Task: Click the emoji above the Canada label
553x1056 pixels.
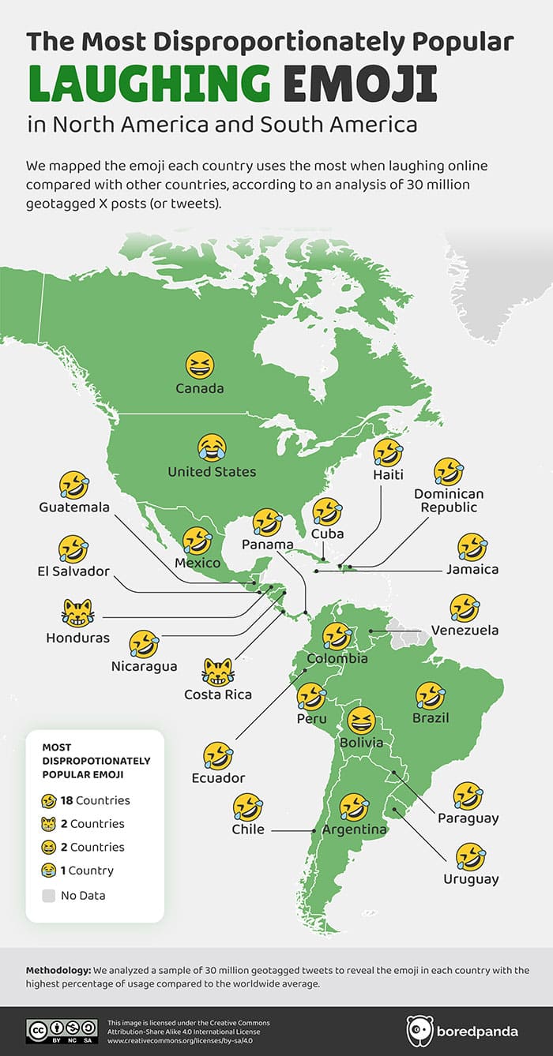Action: (x=200, y=365)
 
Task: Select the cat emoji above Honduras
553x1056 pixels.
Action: (x=77, y=612)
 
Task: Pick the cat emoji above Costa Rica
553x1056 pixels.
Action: (x=218, y=672)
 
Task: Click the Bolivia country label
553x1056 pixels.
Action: (x=361, y=743)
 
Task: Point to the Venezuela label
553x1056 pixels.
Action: (x=465, y=631)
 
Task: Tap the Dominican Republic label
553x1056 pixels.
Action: (x=449, y=500)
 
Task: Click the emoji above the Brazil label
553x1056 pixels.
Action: (x=431, y=695)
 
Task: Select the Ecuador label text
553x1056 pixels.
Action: (x=218, y=778)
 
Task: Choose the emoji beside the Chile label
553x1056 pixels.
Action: (x=248, y=807)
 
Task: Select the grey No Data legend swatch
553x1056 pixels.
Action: (x=49, y=896)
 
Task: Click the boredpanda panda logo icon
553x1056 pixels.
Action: (x=420, y=1031)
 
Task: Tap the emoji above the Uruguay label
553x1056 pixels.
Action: (x=471, y=856)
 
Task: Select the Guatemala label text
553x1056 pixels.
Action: (x=74, y=507)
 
